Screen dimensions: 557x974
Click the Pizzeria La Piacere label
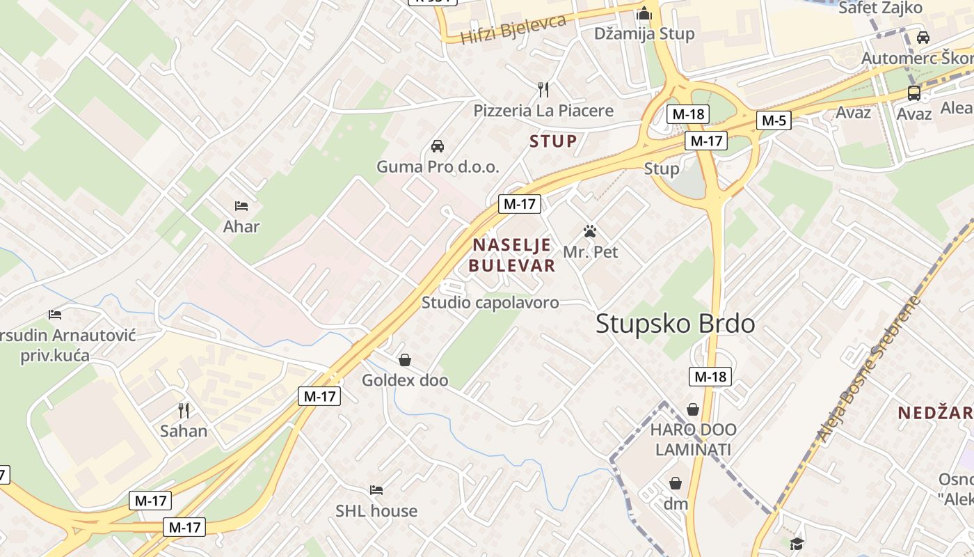tap(543, 111)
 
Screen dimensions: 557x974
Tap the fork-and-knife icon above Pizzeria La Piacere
tap(543, 89)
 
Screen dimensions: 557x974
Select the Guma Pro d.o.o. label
tap(438, 167)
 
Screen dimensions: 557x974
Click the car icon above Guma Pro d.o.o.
tap(438, 146)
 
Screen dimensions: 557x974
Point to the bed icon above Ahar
tap(241, 205)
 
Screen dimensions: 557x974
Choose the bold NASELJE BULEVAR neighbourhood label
tap(512, 255)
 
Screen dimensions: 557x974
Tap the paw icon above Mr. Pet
tap(591, 230)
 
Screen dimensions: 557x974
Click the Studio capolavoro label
tap(490, 303)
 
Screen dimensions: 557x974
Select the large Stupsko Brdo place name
tap(675, 324)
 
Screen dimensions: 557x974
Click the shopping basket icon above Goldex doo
tap(404, 360)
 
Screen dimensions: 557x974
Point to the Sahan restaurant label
tap(184, 431)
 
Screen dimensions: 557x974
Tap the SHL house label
tap(376, 511)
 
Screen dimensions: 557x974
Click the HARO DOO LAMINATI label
tap(693, 439)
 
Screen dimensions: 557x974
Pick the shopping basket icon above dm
tap(675, 483)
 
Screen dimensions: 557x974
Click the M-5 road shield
tap(774, 120)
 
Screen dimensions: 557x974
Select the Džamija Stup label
tap(644, 33)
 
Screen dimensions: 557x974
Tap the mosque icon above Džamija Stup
tap(644, 13)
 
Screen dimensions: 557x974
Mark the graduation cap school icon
tap(797, 543)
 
